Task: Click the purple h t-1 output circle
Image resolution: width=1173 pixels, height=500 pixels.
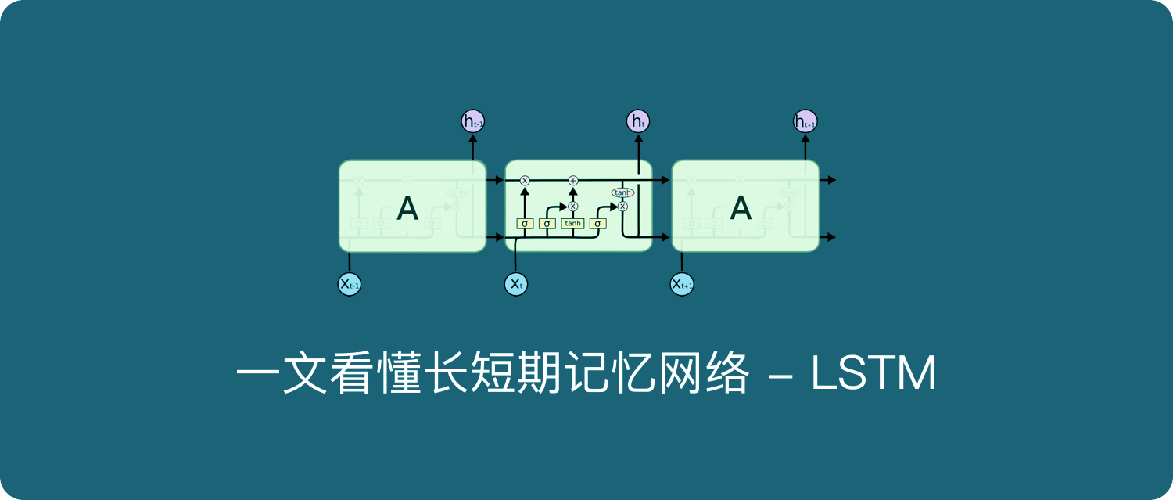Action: (473, 121)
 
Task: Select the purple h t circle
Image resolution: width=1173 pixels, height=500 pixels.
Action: (638, 121)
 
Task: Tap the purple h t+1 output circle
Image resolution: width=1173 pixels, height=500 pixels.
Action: (805, 121)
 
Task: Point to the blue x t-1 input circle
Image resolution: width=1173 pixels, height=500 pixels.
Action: (349, 284)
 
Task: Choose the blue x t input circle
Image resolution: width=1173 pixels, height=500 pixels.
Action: (516, 284)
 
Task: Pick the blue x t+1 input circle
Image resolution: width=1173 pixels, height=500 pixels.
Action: (682, 284)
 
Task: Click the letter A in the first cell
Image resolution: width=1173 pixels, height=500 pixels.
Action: (407, 208)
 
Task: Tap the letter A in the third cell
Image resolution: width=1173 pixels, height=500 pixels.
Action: (740, 208)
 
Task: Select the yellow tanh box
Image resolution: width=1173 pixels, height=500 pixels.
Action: (572, 224)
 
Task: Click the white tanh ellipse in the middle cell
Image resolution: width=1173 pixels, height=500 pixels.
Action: (622, 192)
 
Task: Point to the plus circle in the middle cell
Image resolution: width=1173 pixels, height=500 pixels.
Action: (572, 181)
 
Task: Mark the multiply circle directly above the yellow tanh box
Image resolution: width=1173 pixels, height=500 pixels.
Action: (572, 207)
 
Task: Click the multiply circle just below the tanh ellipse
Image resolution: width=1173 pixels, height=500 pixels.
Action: (622, 207)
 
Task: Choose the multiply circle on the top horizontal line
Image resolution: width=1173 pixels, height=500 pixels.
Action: (525, 181)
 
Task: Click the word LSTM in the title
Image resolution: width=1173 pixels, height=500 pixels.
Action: (873, 375)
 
